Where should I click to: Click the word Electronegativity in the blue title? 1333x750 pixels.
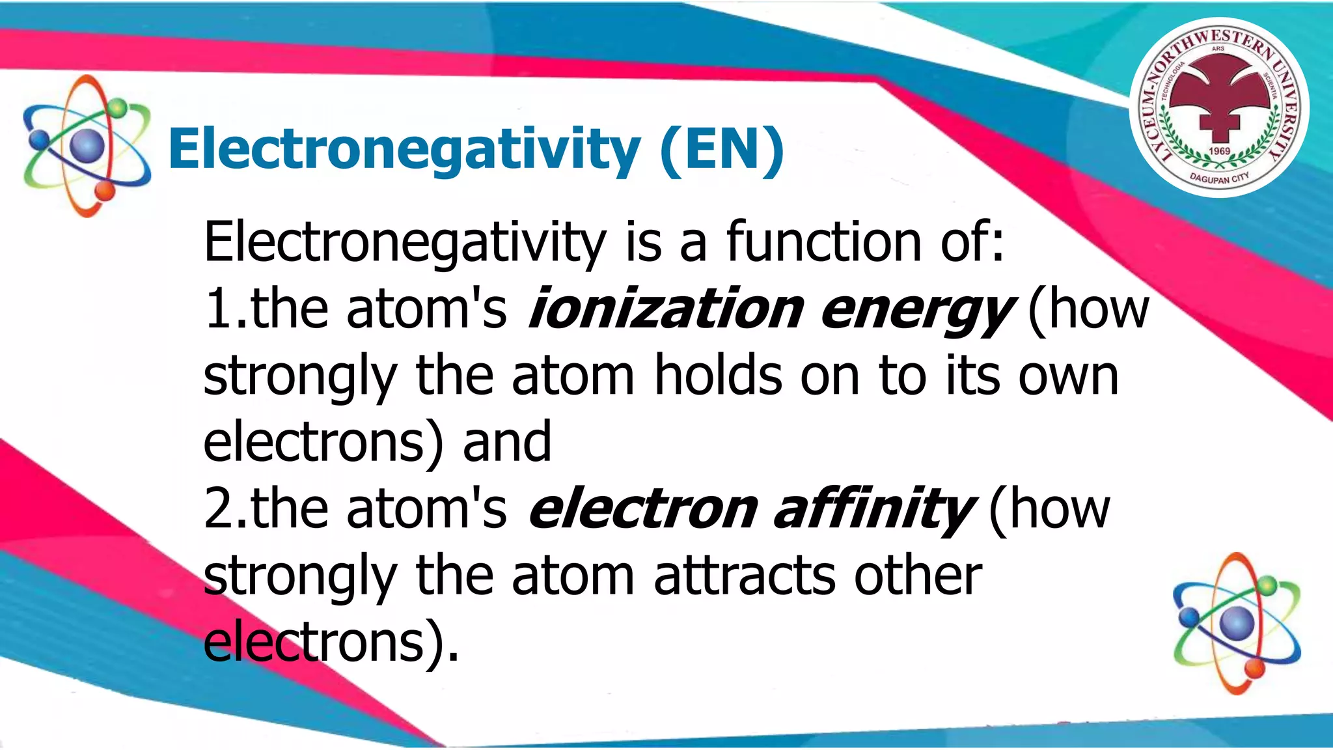(x=404, y=150)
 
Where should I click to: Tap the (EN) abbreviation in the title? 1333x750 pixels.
(x=722, y=150)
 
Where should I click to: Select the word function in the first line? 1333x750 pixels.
(x=823, y=242)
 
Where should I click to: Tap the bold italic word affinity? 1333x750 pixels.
(x=875, y=510)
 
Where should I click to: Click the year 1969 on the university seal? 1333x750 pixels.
(x=1219, y=151)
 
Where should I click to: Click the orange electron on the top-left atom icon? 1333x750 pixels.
(x=104, y=191)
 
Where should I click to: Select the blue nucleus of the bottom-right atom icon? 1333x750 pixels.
(x=1237, y=622)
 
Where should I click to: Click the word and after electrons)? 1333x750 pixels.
(x=507, y=443)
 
